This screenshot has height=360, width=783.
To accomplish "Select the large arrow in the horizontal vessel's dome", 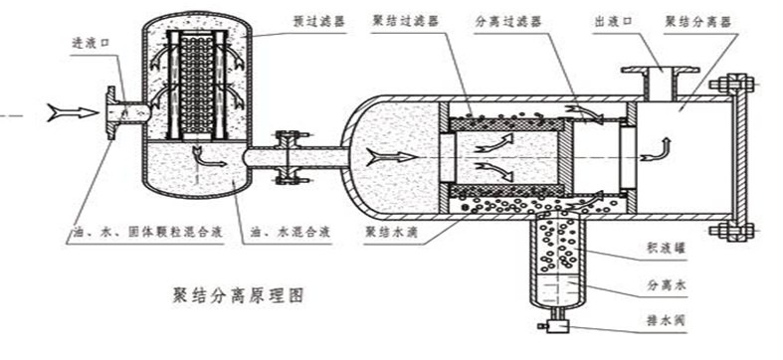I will pos(387,155).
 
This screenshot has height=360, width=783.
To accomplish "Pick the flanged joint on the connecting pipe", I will pos(290,157).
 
